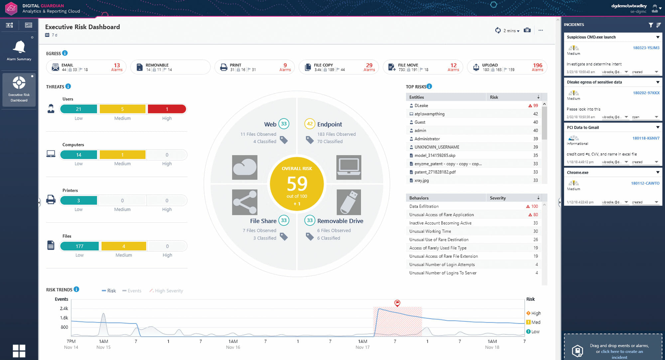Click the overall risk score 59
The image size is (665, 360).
click(297, 183)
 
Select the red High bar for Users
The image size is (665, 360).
click(167, 109)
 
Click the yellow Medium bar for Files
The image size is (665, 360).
click(124, 246)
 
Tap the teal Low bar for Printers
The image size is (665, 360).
click(78, 200)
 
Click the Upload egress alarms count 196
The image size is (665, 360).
click(537, 65)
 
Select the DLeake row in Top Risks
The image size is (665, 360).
click(421, 105)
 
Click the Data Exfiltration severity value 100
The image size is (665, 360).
click(534, 206)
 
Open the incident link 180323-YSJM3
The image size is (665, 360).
click(646, 48)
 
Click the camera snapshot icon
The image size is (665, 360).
click(527, 30)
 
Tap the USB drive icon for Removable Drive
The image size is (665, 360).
click(348, 202)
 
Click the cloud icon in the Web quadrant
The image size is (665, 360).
click(245, 167)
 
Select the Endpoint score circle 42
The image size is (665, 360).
click(310, 124)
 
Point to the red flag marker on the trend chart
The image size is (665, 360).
click(397, 303)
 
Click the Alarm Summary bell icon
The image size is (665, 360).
click(19, 47)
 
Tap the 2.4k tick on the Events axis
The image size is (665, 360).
click(64, 308)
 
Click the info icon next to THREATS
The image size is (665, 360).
click(68, 86)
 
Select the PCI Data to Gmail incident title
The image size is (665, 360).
click(583, 127)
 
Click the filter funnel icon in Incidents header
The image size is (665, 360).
click(651, 25)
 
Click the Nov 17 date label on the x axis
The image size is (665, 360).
click(362, 347)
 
